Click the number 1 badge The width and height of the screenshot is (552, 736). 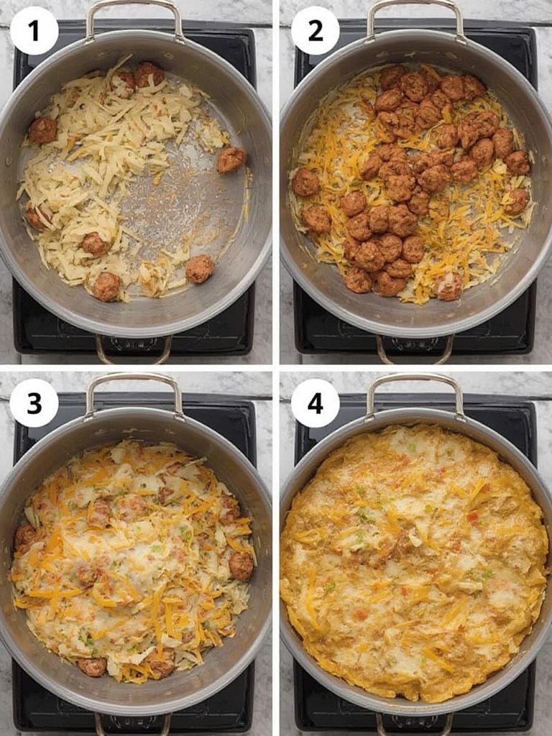coord(34,31)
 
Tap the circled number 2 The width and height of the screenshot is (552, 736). coord(315,31)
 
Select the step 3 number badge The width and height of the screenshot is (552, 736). coord(34,402)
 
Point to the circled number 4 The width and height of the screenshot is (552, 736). coord(315,402)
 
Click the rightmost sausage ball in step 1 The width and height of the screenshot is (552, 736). coord(231,160)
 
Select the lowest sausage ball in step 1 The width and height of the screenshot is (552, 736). coord(106,287)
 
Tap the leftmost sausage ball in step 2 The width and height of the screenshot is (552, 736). coord(305,182)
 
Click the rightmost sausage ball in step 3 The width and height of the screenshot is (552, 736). coord(241,566)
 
